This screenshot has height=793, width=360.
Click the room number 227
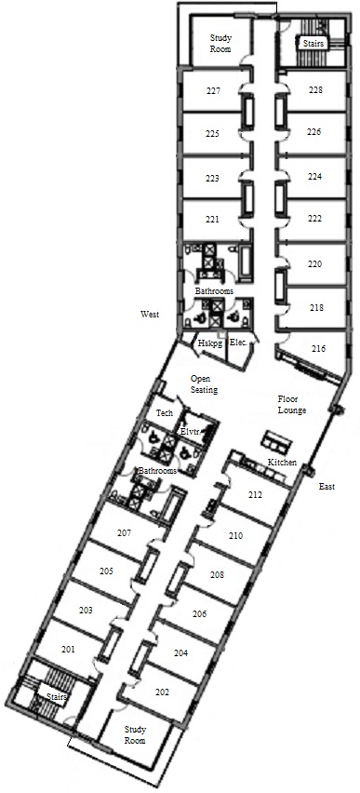tap(213, 91)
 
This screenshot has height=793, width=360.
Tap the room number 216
tap(318, 349)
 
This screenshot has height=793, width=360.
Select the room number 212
tap(255, 495)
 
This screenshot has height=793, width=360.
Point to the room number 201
tap(67, 650)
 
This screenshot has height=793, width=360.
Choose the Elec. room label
tap(238, 343)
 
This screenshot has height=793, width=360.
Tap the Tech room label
tap(165, 413)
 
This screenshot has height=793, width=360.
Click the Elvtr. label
tap(191, 432)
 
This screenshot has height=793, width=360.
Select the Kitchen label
tap(282, 463)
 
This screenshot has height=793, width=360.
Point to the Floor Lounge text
tap(292, 404)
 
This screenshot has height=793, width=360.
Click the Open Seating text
tap(204, 384)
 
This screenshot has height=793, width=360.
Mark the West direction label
tap(150, 314)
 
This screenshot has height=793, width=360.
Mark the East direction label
tap(327, 487)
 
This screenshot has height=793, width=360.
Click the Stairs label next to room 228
tap(313, 44)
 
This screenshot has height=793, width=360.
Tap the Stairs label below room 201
tap(57, 697)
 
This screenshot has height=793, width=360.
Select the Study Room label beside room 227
tap(220, 44)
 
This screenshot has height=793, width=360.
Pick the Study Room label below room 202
tap(135, 735)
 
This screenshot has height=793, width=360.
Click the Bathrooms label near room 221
tap(214, 291)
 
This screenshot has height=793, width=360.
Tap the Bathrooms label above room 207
tap(158, 471)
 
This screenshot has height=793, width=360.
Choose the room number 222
tap(314, 218)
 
